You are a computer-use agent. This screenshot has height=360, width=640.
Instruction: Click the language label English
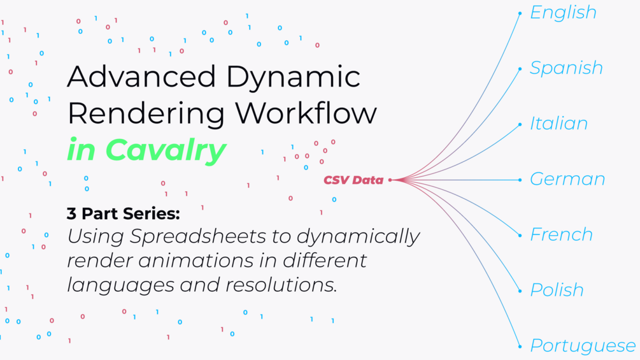564,13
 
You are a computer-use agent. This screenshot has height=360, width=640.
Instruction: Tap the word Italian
558,123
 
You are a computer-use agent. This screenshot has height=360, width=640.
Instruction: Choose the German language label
567,179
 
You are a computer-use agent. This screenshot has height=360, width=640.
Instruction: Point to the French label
561,234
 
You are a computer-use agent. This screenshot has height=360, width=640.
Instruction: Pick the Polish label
557,290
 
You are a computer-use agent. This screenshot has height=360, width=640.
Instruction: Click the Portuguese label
583,347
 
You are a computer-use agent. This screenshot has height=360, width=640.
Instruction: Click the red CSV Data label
353,180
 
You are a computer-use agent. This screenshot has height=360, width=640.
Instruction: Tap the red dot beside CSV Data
390,180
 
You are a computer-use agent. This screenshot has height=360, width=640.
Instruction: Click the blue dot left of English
520,13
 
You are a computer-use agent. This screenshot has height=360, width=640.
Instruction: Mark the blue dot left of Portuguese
520,347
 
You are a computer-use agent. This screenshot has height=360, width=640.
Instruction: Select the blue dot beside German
520,180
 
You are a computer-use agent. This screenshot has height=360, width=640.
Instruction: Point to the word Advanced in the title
141,76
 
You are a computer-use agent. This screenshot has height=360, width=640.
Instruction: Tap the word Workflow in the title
306,113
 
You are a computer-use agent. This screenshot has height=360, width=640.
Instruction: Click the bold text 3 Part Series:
124,213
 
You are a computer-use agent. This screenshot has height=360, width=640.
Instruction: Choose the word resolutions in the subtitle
281,285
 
